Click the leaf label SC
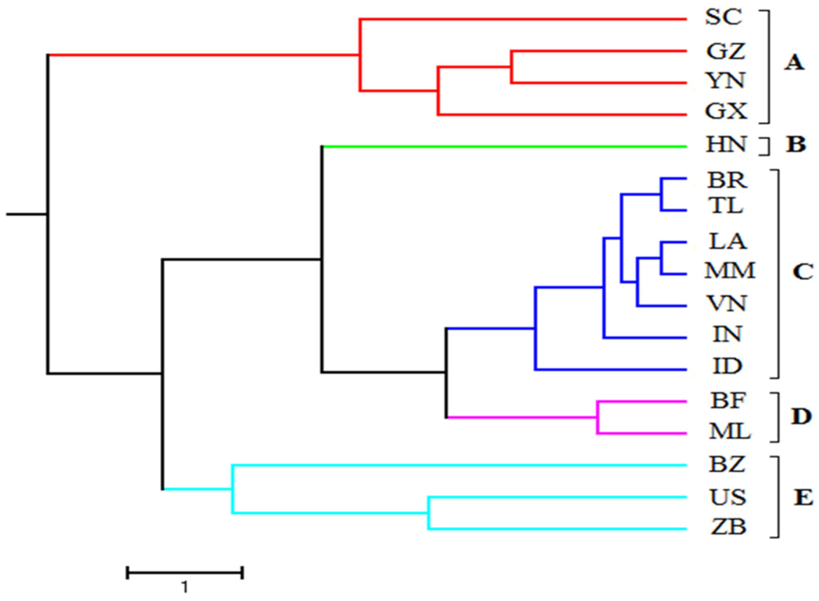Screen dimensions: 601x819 click(x=724, y=17)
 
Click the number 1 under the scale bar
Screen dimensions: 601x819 click(x=185, y=587)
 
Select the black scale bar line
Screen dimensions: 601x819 click(x=185, y=573)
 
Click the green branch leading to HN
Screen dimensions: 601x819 click(x=503, y=147)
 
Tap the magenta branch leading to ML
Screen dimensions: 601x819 click(x=642, y=433)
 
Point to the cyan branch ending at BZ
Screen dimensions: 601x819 click(x=459, y=466)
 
